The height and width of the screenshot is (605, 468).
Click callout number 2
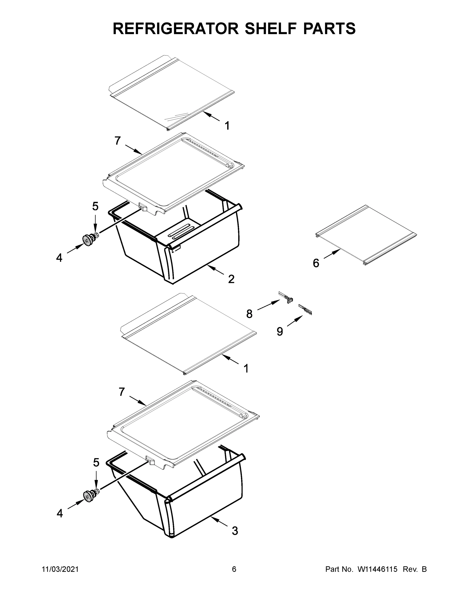point(231,279)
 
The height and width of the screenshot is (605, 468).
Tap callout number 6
point(316,263)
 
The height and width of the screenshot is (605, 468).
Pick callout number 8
point(249,314)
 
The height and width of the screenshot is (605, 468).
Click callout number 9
point(280,331)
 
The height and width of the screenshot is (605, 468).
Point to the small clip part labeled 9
point(305,309)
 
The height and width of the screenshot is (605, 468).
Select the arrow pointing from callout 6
point(332,254)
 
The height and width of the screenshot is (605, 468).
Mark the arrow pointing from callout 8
point(268,305)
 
